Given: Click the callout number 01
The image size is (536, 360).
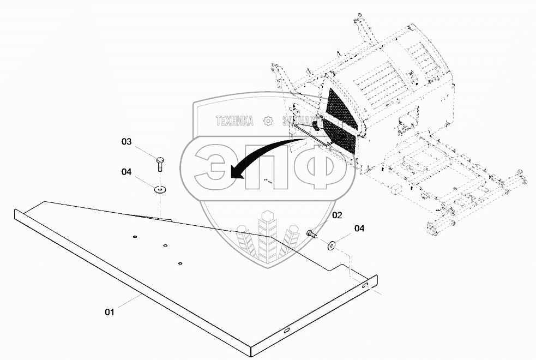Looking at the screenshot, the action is [x=110, y=312].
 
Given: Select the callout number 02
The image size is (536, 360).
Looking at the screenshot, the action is [x=337, y=215].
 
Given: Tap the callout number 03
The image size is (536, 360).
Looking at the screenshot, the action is [x=127, y=142].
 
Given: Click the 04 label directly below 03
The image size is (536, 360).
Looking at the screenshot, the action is [x=127, y=172].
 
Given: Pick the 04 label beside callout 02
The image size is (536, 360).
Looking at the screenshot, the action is [x=359, y=229].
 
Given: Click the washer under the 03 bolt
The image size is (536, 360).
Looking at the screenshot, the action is [x=160, y=190].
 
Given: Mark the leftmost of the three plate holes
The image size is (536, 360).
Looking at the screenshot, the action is [x=135, y=236].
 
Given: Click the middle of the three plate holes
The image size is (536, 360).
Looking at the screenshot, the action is [x=165, y=245].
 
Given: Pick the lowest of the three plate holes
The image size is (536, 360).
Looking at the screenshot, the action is [x=179, y=263].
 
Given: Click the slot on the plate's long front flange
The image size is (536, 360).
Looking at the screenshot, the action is [x=286, y=329].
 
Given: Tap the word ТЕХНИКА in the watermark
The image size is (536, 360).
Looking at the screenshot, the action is [x=234, y=121].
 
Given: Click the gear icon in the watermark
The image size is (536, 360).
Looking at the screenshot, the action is [x=268, y=121].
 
